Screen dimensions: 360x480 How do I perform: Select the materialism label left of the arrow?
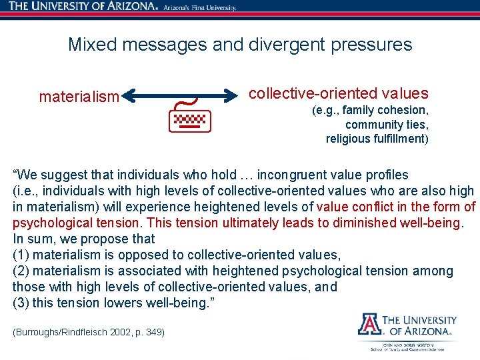pyautogui.click(x=79, y=97)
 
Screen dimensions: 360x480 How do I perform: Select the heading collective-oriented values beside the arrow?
pyautogui.click(x=338, y=93)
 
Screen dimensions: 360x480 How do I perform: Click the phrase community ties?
pyautogui.click(x=387, y=125)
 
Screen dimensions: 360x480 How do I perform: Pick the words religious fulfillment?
pyautogui.click(x=376, y=139)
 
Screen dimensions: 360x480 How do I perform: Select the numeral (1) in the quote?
pyautogui.click(x=21, y=255)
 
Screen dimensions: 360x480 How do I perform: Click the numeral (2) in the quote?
pyautogui.click(x=21, y=271)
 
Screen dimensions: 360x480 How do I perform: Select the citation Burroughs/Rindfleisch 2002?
pyautogui.click(x=75, y=332)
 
